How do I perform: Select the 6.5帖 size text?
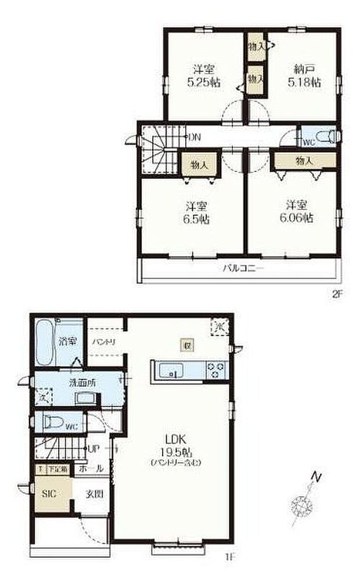[197, 220]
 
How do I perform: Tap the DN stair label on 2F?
[195, 137]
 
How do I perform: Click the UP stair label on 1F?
[94, 449]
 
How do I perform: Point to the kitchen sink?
[171, 369]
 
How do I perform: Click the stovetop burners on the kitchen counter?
[216, 369]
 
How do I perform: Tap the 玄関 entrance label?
[94, 494]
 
